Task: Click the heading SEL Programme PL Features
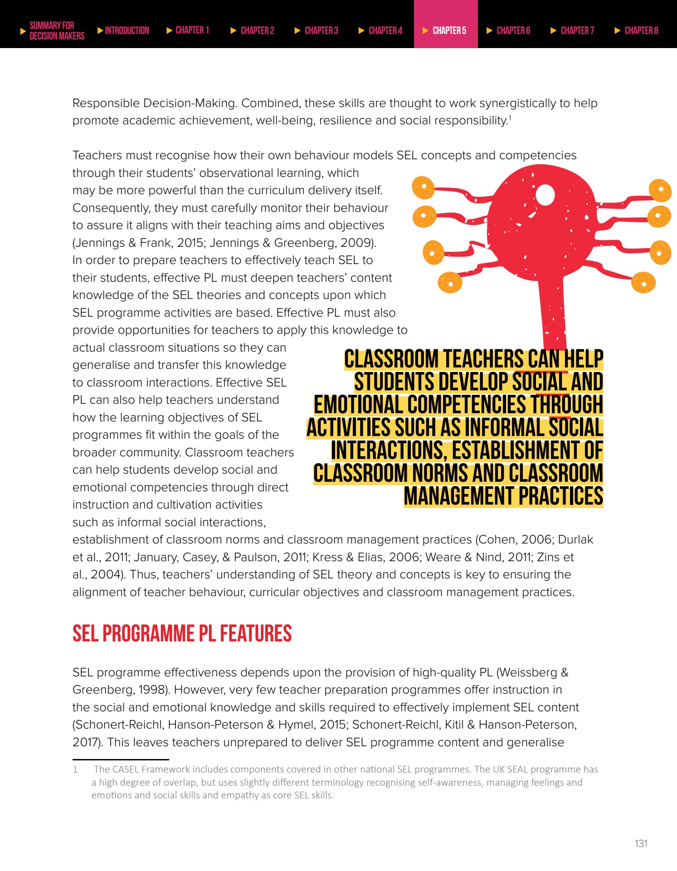point(182,633)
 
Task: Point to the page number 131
point(641,843)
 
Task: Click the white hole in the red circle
point(545,196)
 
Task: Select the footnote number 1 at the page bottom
point(75,769)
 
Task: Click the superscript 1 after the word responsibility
point(510,118)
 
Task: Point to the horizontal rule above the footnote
point(121,759)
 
